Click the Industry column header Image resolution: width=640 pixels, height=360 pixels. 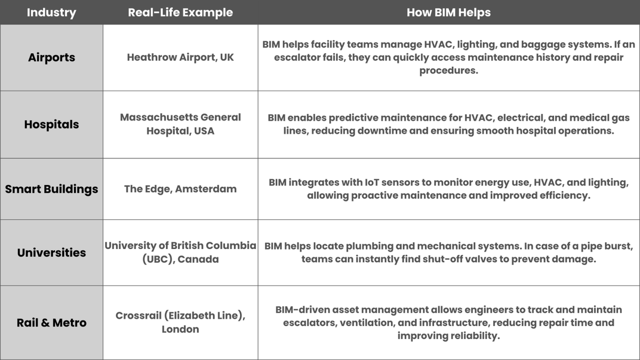pos(51,13)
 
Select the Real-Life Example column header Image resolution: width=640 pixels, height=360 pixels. pos(180,13)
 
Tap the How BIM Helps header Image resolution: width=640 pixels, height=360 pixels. pos(449,13)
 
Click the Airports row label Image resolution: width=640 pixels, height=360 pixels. pos(51,58)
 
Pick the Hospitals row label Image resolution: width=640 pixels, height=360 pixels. pos(51,125)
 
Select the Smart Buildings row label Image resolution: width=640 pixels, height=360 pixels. pos(51,189)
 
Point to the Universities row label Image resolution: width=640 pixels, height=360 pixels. pos(51,253)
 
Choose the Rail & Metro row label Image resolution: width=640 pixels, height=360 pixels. pos(51,323)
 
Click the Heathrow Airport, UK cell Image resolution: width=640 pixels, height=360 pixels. pos(180,58)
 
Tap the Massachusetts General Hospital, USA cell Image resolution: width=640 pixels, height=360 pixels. pos(180,124)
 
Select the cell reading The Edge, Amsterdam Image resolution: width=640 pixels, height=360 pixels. pos(180,189)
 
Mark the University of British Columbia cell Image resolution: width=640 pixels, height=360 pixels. pos(180,252)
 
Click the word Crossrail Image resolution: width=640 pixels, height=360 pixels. pos(138,315)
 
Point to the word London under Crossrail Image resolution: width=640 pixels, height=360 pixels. pos(180,329)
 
